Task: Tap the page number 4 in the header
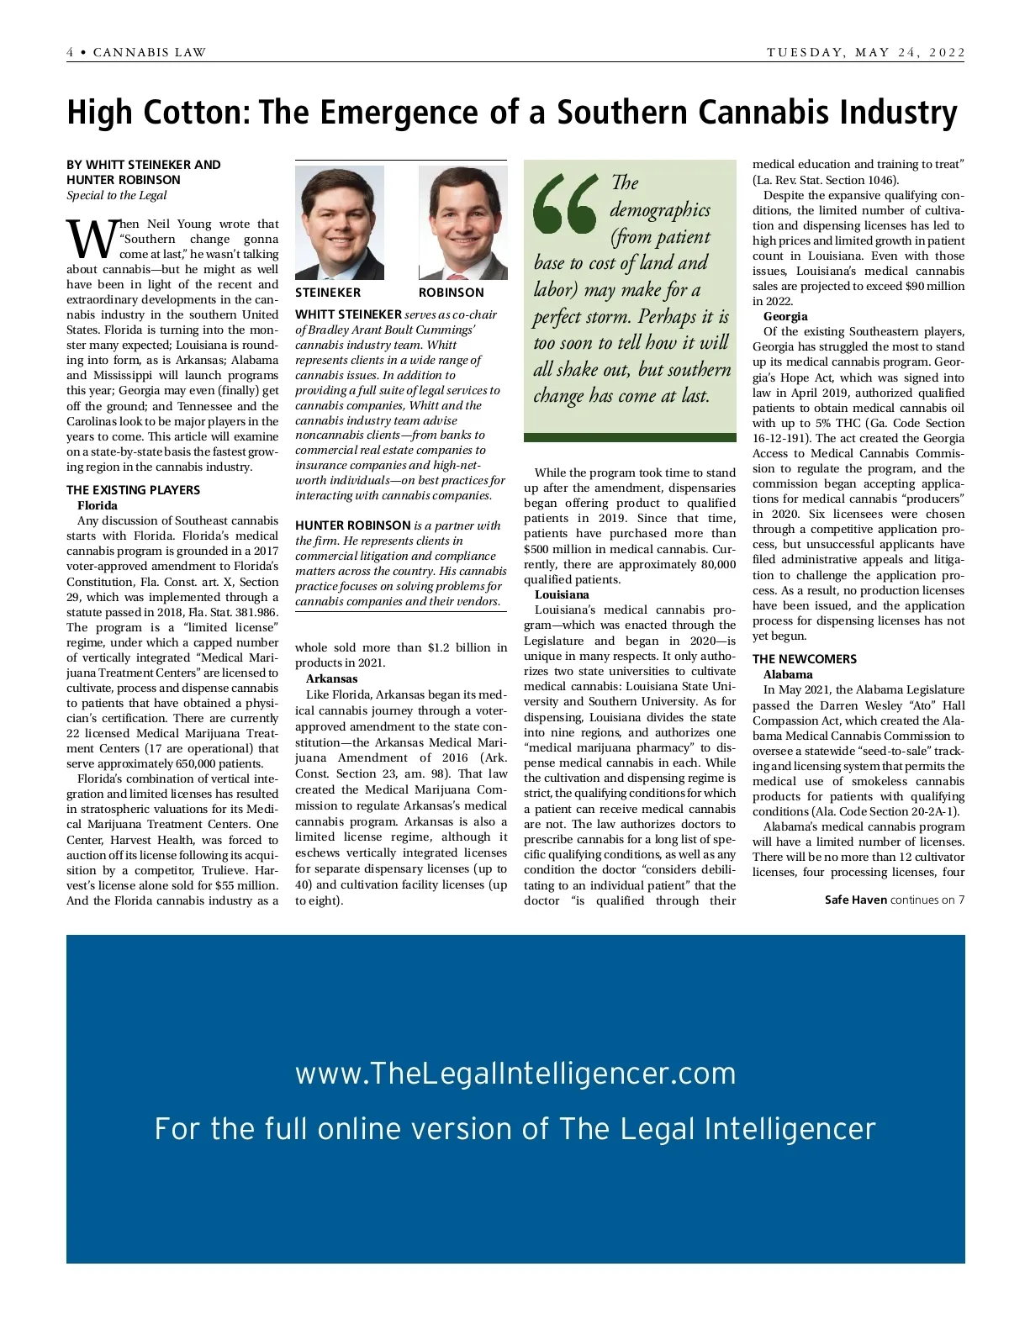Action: pos(71,52)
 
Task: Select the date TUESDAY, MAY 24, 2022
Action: pos(865,52)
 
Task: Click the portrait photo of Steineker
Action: pos(339,223)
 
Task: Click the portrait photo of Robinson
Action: pos(462,223)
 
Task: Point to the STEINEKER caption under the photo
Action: pos(328,293)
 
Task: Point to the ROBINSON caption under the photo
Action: pos(452,293)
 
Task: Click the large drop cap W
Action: pos(89,240)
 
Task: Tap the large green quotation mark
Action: pos(565,204)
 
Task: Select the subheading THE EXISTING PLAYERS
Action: pos(134,490)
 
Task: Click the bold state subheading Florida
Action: pos(98,505)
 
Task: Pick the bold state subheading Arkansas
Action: pos(331,678)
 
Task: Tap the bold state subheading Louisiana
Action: pos(562,594)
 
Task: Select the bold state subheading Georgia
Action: pos(785,316)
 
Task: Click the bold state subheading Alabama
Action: pos(788,674)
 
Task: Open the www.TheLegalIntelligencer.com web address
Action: pos(515,1074)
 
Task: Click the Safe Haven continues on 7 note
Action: pos(895,900)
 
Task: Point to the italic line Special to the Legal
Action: pos(117,195)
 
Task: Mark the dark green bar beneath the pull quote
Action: pos(630,437)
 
